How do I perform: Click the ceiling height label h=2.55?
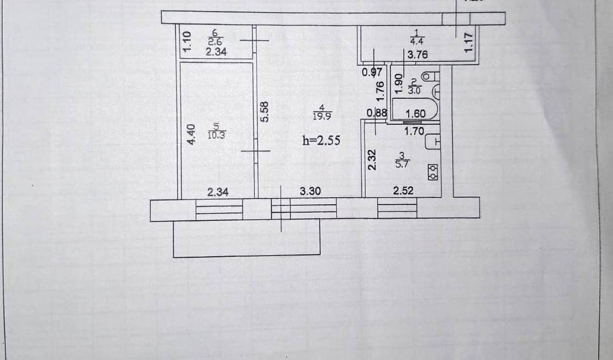[x=320, y=140]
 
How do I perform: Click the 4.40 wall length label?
[x=191, y=134]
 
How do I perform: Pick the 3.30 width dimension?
[x=310, y=192]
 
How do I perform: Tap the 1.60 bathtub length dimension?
[x=415, y=114]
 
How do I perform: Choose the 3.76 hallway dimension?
[x=417, y=55]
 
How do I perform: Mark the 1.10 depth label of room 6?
[x=186, y=43]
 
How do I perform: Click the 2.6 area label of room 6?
[x=215, y=41]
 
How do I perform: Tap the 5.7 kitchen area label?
[x=403, y=163]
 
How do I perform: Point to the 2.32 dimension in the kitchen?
[x=372, y=160]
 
